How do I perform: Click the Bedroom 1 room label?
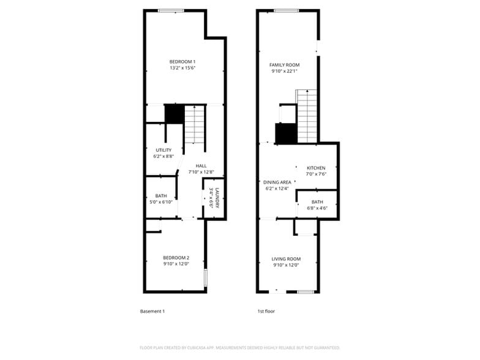point(182,61)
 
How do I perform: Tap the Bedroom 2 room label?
point(176,258)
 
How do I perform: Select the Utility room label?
point(163,150)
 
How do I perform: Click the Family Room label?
point(284,65)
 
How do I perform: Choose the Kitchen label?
point(316,168)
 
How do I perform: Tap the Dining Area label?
point(277,182)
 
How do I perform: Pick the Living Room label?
point(286,259)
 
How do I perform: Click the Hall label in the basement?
point(201,166)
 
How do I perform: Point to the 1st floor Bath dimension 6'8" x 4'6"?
point(317,208)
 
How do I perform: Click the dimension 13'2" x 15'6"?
point(182,68)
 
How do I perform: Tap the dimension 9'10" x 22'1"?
point(284,72)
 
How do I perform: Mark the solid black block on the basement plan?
point(174,114)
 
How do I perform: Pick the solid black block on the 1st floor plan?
point(285,133)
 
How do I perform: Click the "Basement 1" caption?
point(152,312)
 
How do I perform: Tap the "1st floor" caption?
point(266,312)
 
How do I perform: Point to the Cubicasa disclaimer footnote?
point(239,348)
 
